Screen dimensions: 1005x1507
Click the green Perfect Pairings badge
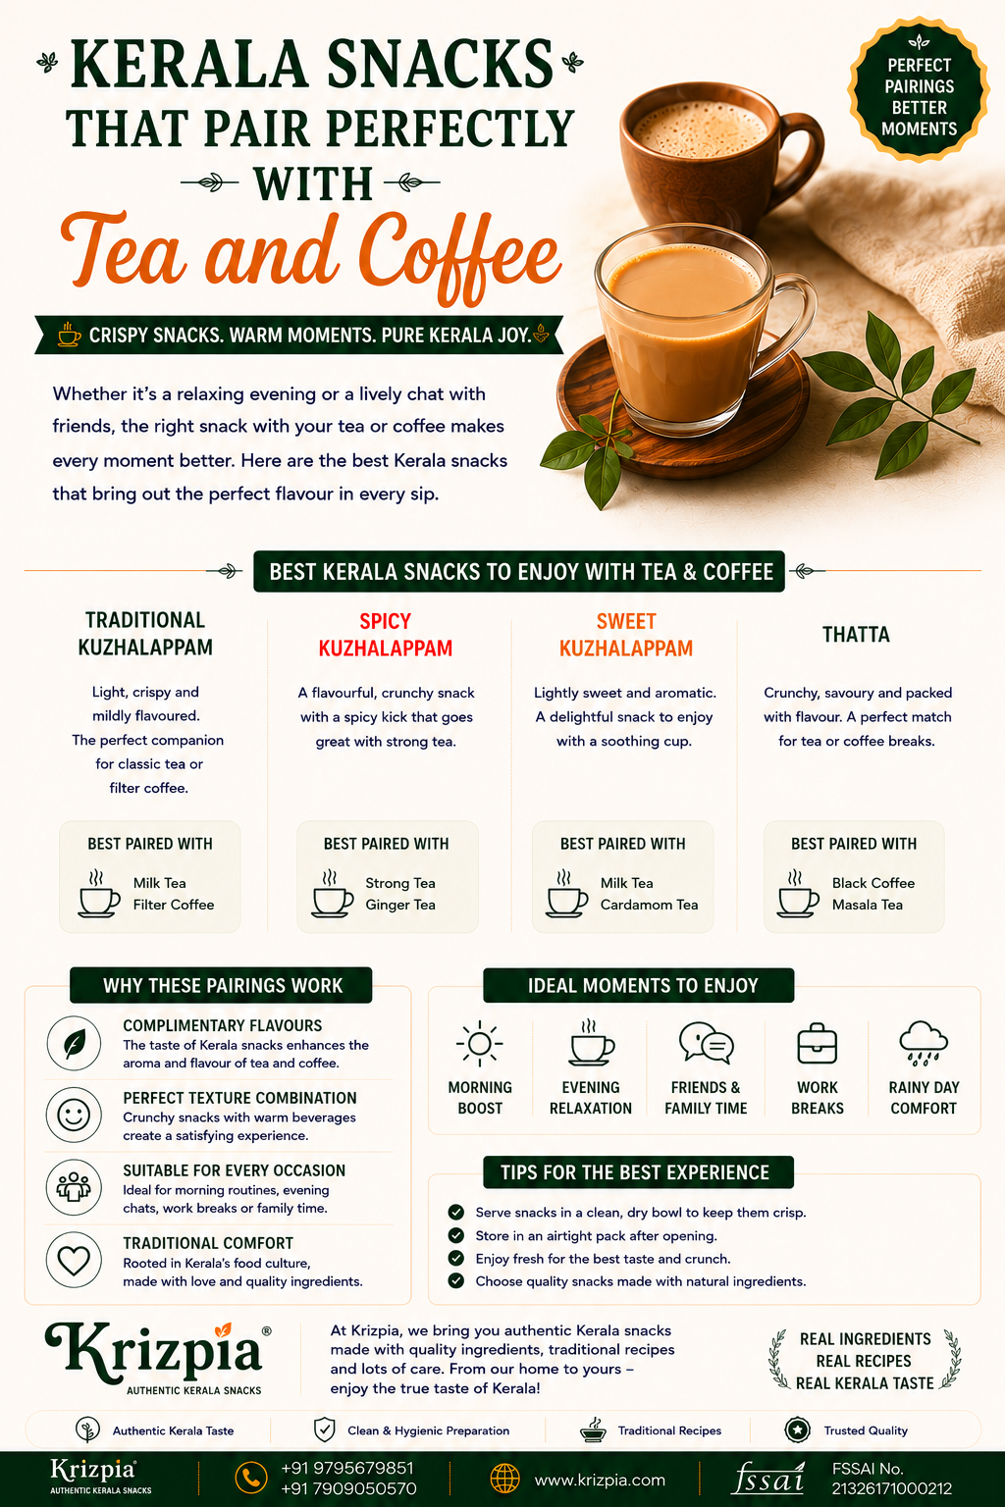tap(919, 89)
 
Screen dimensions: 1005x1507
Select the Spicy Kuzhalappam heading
tap(386, 635)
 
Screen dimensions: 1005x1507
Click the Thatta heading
tap(856, 635)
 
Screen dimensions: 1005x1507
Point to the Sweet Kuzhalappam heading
tap(626, 635)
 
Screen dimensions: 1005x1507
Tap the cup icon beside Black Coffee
tap(798, 894)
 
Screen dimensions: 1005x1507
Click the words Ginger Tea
tap(400, 905)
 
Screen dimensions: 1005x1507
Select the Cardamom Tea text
tap(649, 905)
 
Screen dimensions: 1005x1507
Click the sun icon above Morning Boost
tap(479, 1044)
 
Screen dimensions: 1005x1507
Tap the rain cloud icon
tap(924, 1044)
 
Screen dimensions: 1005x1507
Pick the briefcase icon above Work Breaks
tap(818, 1044)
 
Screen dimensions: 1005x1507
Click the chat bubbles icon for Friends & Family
tap(706, 1043)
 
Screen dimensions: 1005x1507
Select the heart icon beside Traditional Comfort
tap(74, 1260)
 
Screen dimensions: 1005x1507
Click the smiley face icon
tap(74, 1115)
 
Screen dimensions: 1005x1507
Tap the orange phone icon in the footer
tap(251, 1479)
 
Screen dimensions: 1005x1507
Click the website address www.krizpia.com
tap(600, 1481)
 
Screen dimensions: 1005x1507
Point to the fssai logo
tap(768, 1479)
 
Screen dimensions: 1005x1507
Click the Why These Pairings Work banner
tap(221, 985)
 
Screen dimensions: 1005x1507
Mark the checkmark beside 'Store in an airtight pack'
tap(455, 1235)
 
